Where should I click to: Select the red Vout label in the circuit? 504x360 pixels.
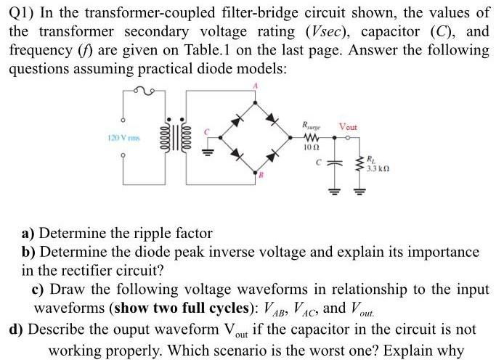coord(346,127)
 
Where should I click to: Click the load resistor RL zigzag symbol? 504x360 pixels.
coord(360,159)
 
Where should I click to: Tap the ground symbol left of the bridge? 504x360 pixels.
coord(206,153)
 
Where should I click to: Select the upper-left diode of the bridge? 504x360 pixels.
coord(237,117)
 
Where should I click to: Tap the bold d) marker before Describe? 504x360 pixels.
coord(17,328)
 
